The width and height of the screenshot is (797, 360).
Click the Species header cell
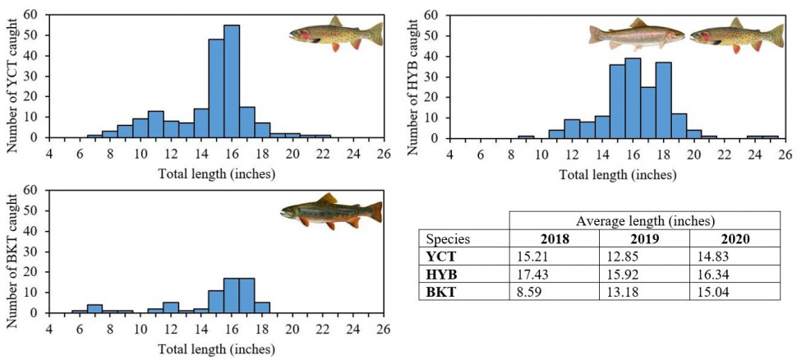(448, 239)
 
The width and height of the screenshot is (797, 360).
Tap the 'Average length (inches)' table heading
(644, 221)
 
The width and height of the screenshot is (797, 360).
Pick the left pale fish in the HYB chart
(636, 35)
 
